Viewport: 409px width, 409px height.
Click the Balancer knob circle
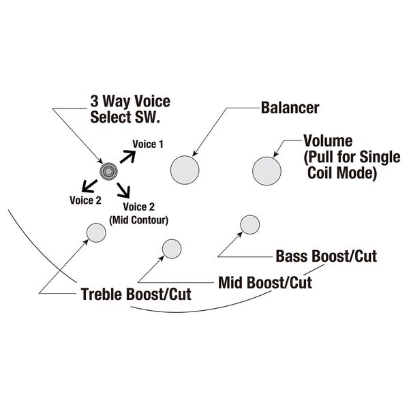point(185,169)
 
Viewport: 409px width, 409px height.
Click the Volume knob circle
point(267,169)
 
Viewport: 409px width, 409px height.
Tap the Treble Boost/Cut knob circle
point(95,233)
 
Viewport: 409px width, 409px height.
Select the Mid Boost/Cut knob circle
point(168,251)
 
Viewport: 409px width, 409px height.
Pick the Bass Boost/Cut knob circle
point(250,226)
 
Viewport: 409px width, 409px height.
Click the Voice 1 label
point(148,144)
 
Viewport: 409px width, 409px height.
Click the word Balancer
point(290,108)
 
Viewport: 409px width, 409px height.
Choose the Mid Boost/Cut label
point(264,282)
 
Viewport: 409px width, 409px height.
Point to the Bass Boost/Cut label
point(327,257)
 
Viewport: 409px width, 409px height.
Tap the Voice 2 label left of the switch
point(85,200)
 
